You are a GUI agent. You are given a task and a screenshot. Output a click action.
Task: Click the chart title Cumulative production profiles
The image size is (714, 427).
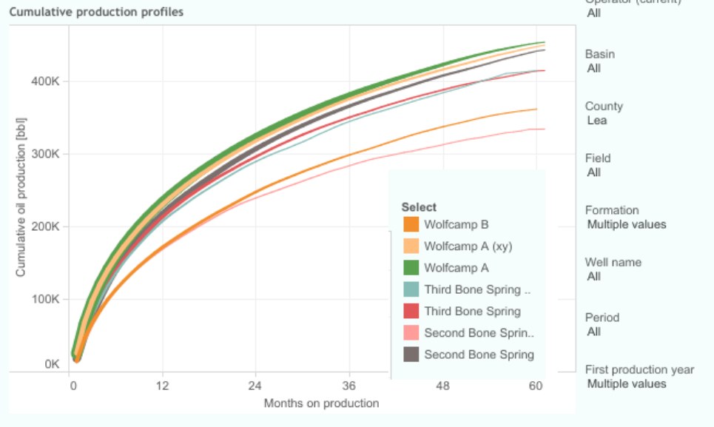pyautogui.click(x=96, y=12)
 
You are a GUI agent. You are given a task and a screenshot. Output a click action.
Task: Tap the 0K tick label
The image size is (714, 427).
pyautogui.click(x=51, y=364)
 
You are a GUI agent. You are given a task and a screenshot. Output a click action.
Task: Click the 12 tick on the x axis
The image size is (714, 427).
pyautogui.click(x=162, y=386)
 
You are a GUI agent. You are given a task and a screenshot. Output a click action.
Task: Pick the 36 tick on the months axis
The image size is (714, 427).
pyautogui.click(x=349, y=386)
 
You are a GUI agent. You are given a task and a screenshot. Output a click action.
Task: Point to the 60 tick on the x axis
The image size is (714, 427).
pyautogui.click(x=536, y=386)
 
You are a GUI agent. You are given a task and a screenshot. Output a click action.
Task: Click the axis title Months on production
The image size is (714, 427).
pyautogui.click(x=321, y=403)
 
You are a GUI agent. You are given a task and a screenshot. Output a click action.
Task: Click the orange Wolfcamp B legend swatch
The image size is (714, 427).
pyautogui.click(x=411, y=224)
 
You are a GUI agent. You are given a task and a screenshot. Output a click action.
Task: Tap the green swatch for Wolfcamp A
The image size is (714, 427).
pyautogui.click(x=411, y=268)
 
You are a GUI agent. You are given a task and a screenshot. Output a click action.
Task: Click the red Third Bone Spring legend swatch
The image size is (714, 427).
pyautogui.click(x=411, y=312)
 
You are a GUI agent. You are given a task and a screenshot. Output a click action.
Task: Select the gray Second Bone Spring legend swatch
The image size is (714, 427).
pyautogui.click(x=411, y=354)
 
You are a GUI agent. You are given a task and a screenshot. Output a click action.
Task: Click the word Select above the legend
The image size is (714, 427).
pyautogui.click(x=419, y=207)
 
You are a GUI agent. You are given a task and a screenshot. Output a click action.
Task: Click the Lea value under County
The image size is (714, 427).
pyautogui.click(x=597, y=120)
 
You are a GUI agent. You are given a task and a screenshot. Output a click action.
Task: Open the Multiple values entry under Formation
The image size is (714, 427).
pyautogui.click(x=626, y=224)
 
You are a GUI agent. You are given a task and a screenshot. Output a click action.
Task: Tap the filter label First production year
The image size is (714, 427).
pyautogui.click(x=639, y=369)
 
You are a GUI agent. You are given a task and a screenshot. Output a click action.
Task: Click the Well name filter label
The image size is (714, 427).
pyautogui.click(x=613, y=262)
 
